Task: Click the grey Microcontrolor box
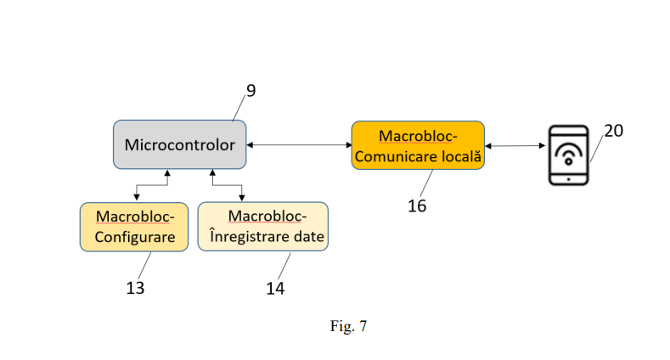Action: [179, 144]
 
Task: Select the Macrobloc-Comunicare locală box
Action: [418, 145]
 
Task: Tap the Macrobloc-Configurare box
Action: [135, 227]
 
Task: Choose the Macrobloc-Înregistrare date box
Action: [262, 227]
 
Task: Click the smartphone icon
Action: [567, 155]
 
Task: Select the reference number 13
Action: [135, 288]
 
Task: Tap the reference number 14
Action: [275, 288]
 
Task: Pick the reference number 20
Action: [613, 130]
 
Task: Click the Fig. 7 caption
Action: [348, 325]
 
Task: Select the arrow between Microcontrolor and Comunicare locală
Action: [299, 145]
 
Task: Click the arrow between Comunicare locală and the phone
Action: [515, 145]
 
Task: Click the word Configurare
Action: [135, 237]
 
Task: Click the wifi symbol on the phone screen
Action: [567, 154]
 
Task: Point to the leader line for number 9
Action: [239, 109]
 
